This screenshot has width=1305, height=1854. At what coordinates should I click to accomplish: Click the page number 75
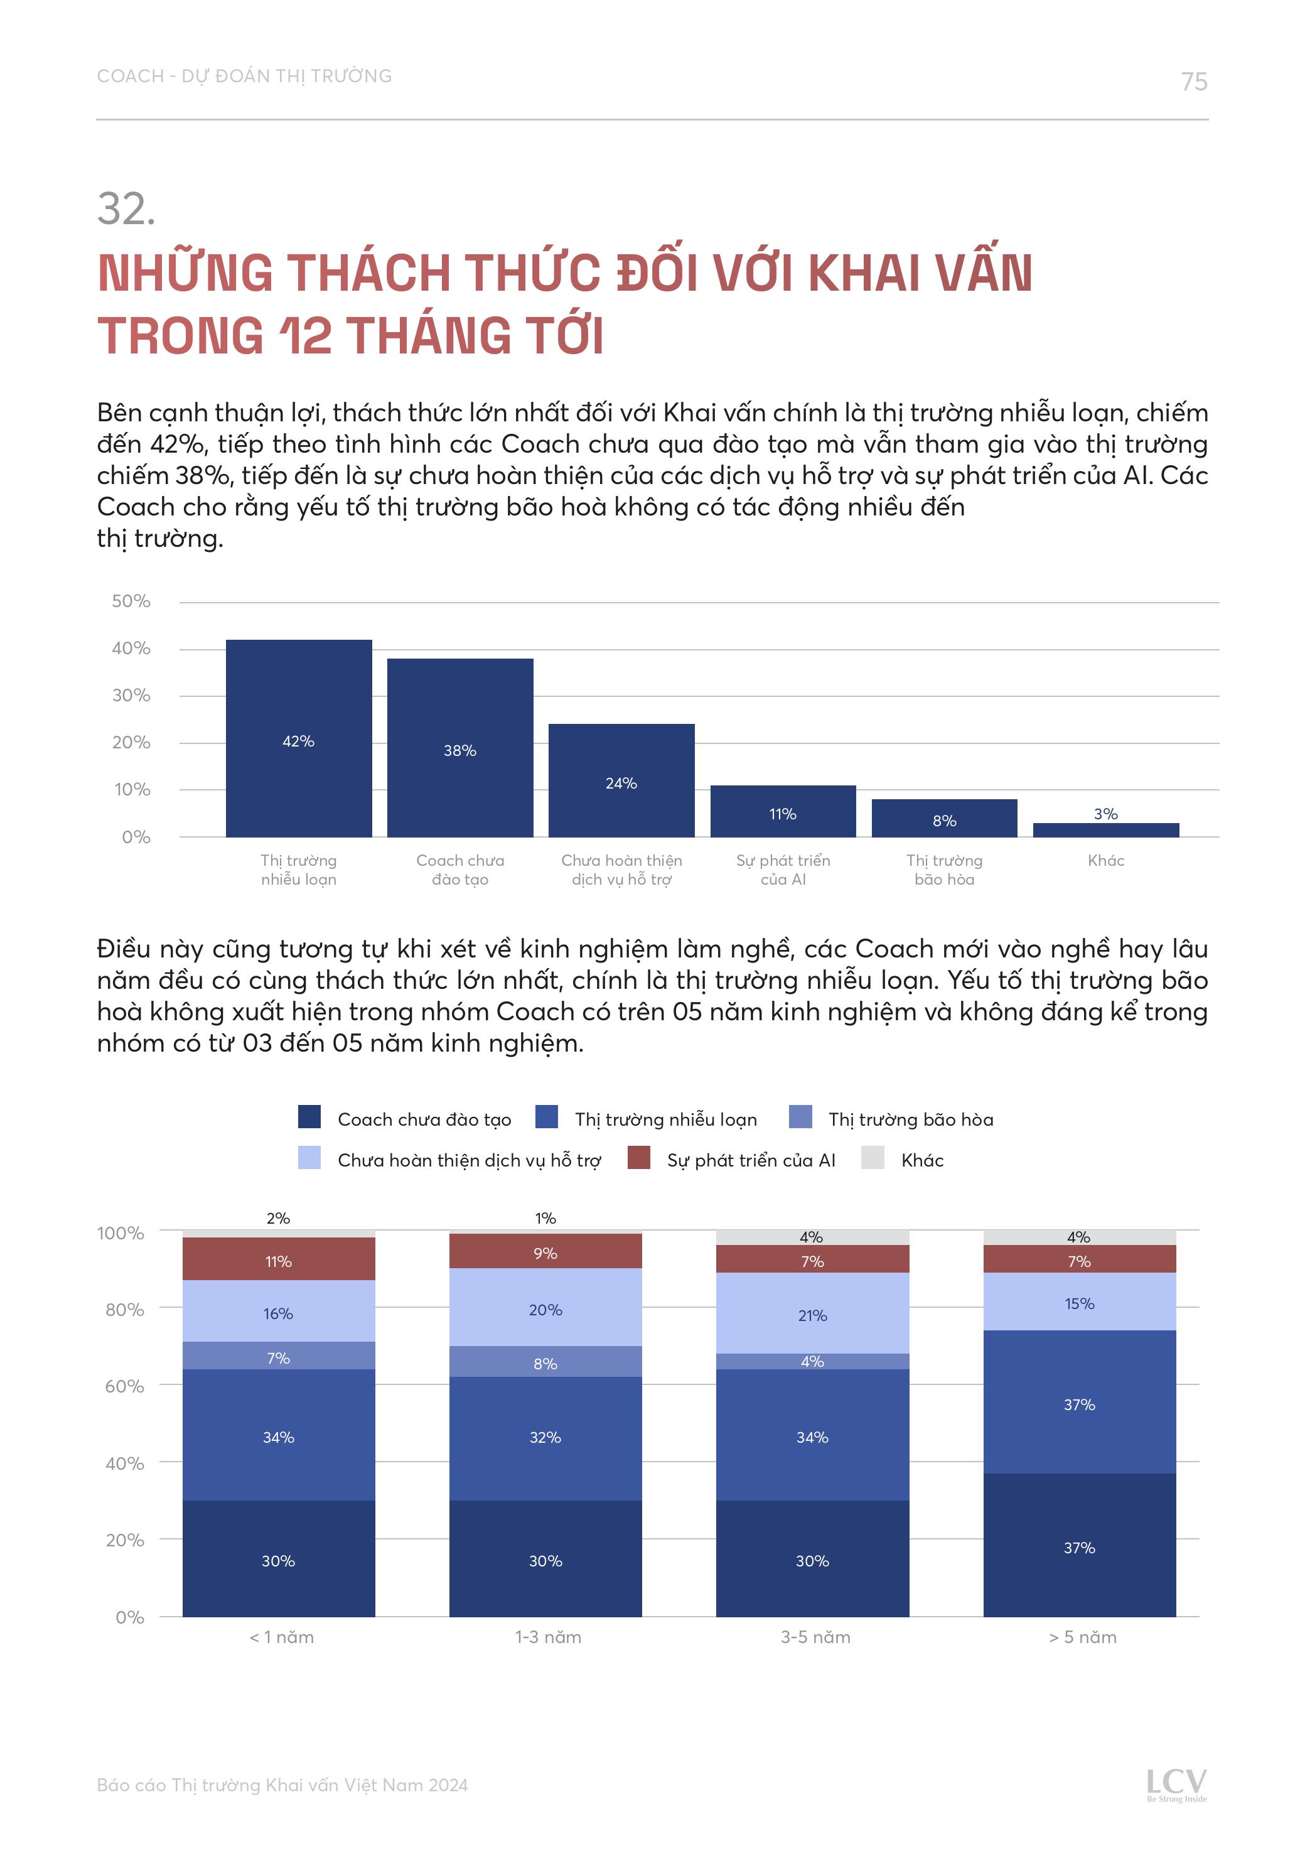1193,82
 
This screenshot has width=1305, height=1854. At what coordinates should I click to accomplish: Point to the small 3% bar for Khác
1105,830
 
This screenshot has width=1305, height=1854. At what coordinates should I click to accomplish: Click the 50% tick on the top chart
131,601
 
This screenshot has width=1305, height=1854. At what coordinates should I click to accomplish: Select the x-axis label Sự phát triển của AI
783,870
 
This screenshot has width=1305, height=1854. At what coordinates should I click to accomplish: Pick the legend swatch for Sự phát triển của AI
639,1157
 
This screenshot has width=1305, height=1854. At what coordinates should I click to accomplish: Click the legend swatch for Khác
873,1157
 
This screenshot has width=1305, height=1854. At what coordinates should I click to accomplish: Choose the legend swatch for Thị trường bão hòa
800,1117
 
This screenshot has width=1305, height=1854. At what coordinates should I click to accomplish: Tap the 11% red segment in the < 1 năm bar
279,1259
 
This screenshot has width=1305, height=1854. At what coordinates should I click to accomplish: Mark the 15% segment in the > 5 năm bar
1079,1302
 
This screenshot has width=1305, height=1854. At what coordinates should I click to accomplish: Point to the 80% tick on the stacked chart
124,1310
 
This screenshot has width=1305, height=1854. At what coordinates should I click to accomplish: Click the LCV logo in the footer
1176,1784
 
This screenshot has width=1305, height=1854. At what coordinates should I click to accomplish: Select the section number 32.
126,209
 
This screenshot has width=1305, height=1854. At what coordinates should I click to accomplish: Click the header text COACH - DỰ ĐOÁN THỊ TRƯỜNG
244,76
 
